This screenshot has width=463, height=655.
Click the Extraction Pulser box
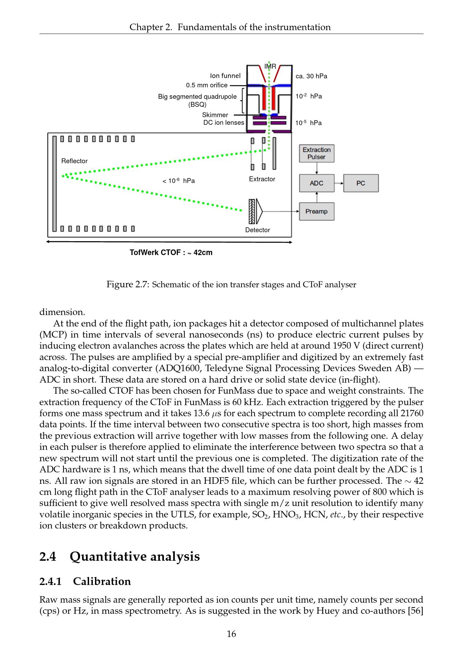316,154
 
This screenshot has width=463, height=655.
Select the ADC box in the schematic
316,183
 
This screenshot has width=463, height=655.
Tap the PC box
361,183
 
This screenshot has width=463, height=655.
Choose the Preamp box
316,211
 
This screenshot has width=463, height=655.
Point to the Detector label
257,230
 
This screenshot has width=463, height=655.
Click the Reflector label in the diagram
74,161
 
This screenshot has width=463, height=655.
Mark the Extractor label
262,179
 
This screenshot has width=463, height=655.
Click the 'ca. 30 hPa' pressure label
311,76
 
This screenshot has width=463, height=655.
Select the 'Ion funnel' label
225,76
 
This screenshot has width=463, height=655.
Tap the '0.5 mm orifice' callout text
207,85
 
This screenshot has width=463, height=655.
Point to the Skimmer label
215,115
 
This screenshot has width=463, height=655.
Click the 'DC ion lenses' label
224,122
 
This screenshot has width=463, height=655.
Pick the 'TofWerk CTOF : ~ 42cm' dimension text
171,252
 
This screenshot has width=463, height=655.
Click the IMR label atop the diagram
270,66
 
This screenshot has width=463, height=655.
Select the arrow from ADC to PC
339,183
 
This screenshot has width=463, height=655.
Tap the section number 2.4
47,556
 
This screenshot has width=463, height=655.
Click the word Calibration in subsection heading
102,581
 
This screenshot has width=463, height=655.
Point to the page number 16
231,634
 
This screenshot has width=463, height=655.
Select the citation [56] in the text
416,611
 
